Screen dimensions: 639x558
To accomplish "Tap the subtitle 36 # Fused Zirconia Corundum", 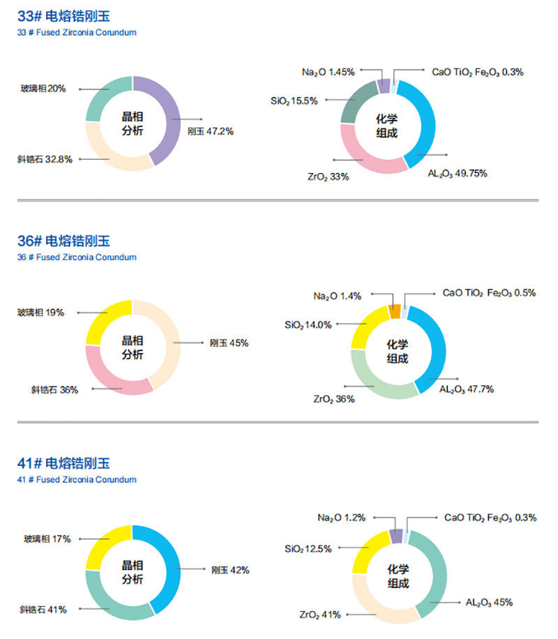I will [77, 257].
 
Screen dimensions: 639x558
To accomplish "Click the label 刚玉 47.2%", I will [211, 130].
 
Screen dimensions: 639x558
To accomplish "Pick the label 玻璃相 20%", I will [43, 89].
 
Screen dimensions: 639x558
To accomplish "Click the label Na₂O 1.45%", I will [329, 71].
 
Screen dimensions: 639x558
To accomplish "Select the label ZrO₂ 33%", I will [328, 176].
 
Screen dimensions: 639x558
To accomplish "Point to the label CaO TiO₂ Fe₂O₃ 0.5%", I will [489, 293].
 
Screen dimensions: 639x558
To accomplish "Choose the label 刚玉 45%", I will [229, 343].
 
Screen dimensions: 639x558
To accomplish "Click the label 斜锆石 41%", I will [43, 610].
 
